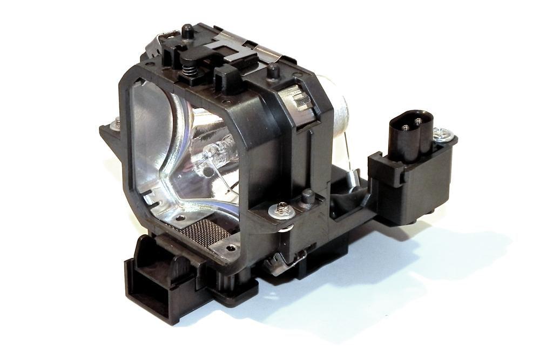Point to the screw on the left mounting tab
click(115, 124)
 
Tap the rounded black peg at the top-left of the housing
click(187, 31)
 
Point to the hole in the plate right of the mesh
click(232, 248)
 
